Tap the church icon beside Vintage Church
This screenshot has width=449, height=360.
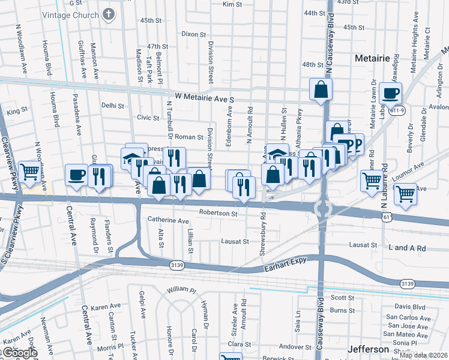[x=108, y=14]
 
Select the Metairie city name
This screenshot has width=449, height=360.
[x=373, y=58]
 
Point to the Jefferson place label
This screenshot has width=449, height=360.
[x=368, y=349]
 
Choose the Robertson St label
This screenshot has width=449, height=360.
[x=218, y=213]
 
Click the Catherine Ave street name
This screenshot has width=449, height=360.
[x=169, y=221]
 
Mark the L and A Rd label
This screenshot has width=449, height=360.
[x=407, y=248]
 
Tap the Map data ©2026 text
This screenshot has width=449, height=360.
[x=424, y=355]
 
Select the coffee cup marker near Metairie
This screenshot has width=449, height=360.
[x=390, y=94]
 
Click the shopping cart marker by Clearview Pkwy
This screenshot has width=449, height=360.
[x=29, y=172]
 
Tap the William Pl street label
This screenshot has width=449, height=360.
[x=182, y=290]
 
